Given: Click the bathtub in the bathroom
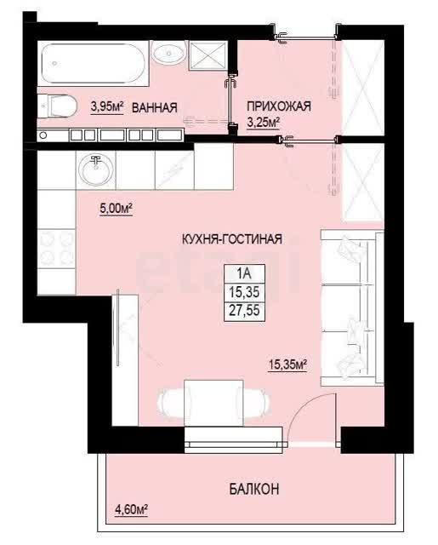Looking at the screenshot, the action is coord(93,64).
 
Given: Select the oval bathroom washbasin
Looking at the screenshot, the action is coord(168,53).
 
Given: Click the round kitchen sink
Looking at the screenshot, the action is coord(95,170).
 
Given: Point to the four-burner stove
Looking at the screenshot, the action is coord(57,249).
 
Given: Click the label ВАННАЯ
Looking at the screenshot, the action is coord(155,107).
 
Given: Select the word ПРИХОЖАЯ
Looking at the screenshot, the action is coord(279,106).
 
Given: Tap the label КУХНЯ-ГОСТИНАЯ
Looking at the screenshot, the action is coord(232,239).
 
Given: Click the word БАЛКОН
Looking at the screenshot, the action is coord(254,490).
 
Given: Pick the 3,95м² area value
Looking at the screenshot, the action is coord(107,106).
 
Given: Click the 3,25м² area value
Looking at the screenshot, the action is coord(264,123).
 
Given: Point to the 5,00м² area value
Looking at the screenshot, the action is coord(116,209).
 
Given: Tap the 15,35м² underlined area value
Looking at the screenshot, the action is coord(287,364).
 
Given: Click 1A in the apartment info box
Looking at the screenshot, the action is coord(244,273).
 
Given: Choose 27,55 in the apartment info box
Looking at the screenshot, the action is coord(244,310).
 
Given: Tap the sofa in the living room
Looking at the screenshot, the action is coord(352,307).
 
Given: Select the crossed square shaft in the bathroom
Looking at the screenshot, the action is coord(208,55).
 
